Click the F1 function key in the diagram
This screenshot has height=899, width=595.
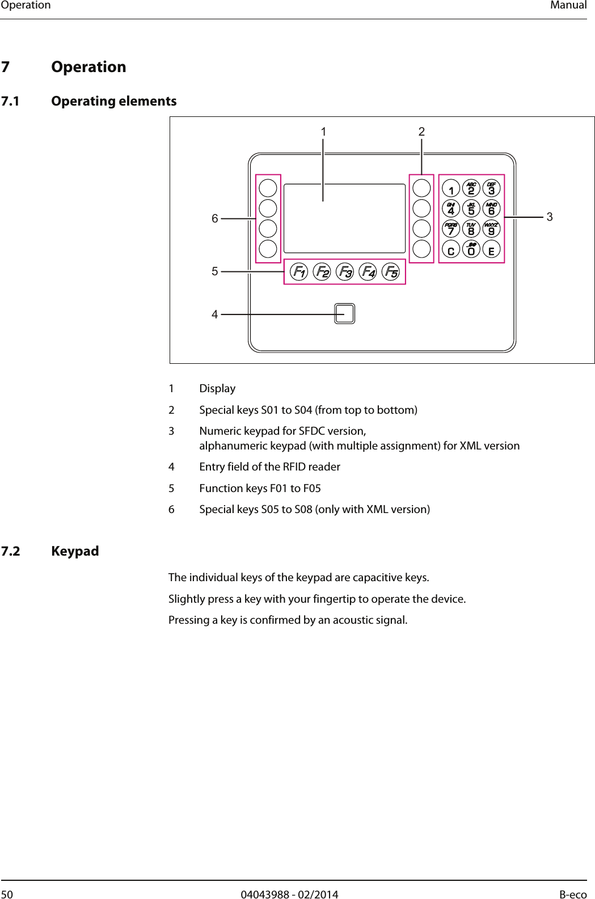298,272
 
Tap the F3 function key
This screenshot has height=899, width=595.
344,272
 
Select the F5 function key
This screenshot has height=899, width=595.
391,272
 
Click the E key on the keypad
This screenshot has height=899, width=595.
491,249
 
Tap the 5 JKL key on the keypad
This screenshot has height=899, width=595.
471,208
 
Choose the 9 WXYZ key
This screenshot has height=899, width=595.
491,229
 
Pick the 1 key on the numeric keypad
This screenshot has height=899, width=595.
450,187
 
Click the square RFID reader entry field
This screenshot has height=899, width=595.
344,313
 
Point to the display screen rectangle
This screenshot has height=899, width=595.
344,218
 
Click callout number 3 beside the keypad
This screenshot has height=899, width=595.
550,217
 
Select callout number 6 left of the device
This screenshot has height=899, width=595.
215,219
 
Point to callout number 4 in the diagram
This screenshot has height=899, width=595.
215,314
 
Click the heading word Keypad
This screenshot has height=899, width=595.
75,551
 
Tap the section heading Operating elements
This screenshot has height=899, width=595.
113,101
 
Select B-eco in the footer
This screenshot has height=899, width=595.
573,894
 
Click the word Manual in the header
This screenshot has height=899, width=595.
569,5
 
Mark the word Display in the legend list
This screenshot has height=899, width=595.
217,389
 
